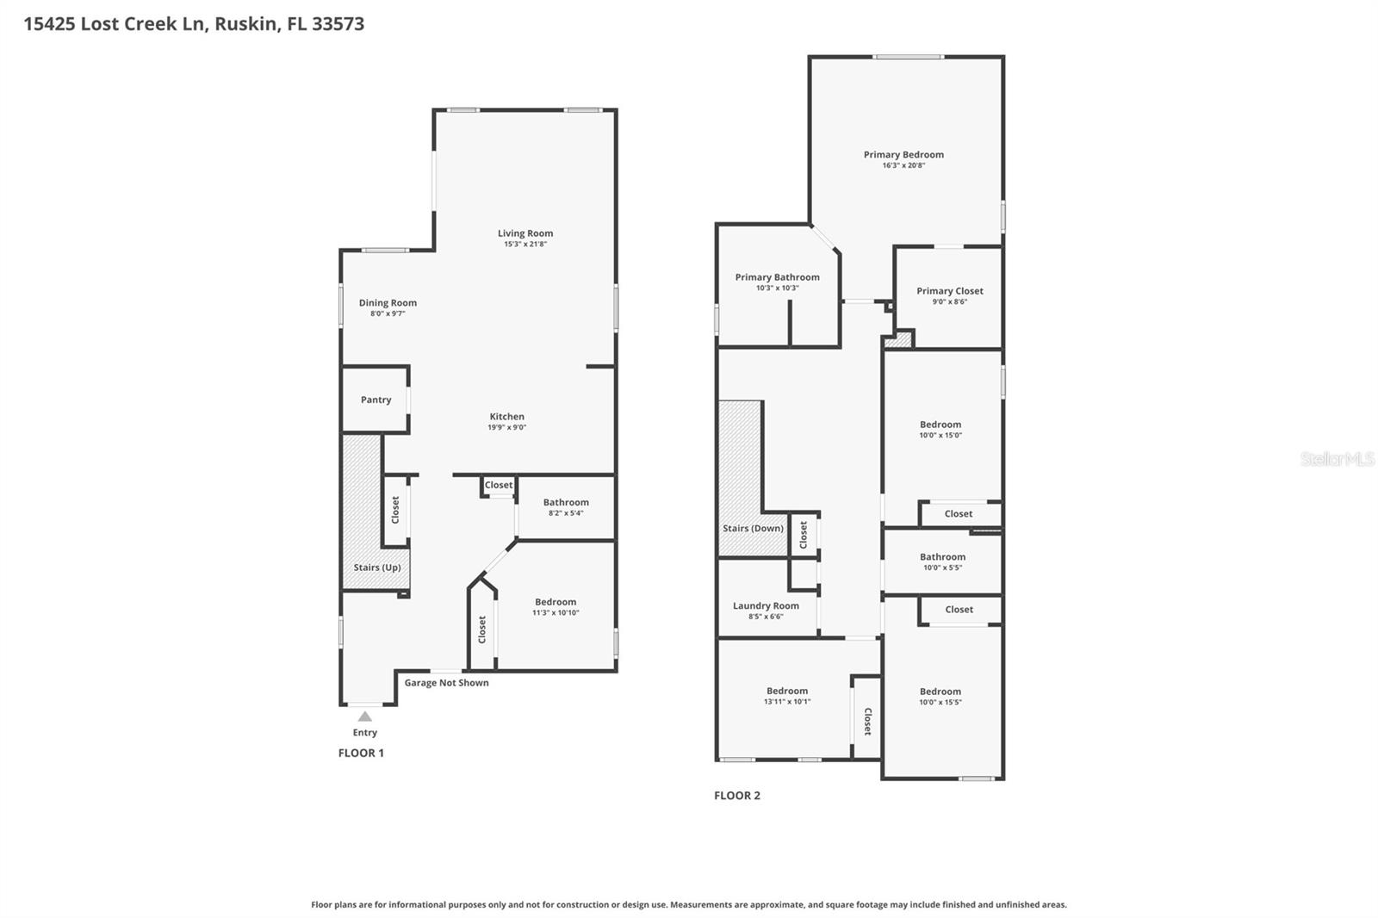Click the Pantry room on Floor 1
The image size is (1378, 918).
tap(376, 400)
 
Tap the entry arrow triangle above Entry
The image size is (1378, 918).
tap(365, 716)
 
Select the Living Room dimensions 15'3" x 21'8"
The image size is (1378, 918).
tap(525, 245)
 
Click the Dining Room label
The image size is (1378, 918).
tap(388, 302)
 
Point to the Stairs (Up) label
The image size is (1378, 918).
tap(377, 568)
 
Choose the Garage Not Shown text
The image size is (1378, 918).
tap(446, 683)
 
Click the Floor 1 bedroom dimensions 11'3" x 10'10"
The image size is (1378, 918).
tap(556, 613)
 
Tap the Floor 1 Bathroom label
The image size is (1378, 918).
tap(566, 502)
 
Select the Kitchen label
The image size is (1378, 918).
tap(506, 417)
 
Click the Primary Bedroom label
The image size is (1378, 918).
tap(903, 155)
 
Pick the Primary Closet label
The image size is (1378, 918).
tap(949, 291)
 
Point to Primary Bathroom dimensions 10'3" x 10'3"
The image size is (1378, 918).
tap(777, 288)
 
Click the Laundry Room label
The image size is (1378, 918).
tap(766, 605)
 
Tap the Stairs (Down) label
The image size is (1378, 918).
tap(753, 528)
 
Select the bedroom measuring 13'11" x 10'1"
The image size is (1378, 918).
tap(787, 696)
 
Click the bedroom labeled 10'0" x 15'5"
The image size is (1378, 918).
tap(940, 697)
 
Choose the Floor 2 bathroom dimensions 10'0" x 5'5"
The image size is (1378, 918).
tap(942, 568)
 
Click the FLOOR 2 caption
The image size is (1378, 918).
tap(737, 796)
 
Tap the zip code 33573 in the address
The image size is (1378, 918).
tap(338, 23)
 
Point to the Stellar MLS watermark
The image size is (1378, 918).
tap(1337, 459)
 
